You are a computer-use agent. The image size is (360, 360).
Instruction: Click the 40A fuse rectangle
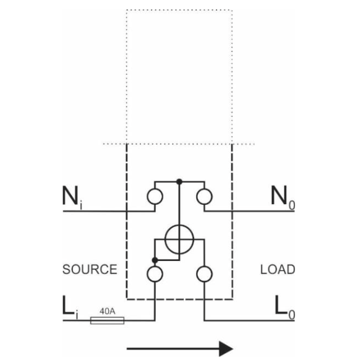pyautogui.click(x=107, y=320)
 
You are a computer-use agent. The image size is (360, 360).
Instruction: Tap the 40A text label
pyautogui.click(x=108, y=311)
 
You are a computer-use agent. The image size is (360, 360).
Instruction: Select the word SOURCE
pyautogui.click(x=90, y=269)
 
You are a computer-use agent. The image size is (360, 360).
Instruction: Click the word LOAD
pyautogui.click(x=278, y=269)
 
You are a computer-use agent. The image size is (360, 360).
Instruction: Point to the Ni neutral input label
pyautogui.click(x=72, y=198)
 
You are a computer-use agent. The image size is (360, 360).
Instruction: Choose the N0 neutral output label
pyautogui.click(x=283, y=198)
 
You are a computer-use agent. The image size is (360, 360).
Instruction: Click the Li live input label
pyautogui.click(x=70, y=307)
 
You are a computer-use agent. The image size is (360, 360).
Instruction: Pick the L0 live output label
pyautogui.click(x=285, y=307)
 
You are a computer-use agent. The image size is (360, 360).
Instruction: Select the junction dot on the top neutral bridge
pyautogui.click(x=179, y=182)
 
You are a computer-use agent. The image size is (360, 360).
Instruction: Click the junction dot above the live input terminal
pyautogui.click(x=155, y=260)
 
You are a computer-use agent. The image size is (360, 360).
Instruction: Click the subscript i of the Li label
pyautogui.click(x=77, y=315)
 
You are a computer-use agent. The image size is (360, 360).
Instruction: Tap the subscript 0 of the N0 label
pyautogui.click(x=292, y=205)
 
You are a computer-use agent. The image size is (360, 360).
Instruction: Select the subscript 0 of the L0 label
pyautogui.click(x=292, y=315)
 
